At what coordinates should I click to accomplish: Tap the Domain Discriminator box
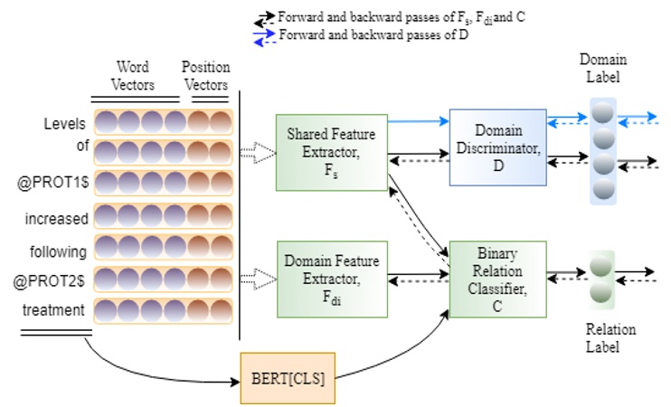coord(497,147)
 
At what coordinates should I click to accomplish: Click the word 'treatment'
coord(55,309)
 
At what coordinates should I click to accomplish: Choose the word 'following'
coord(58,251)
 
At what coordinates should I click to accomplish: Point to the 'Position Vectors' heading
coord(206,75)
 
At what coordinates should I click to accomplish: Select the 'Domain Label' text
coord(603,67)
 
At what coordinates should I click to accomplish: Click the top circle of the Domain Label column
coord(602,113)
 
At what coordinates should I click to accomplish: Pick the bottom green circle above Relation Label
coord(600,293)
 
